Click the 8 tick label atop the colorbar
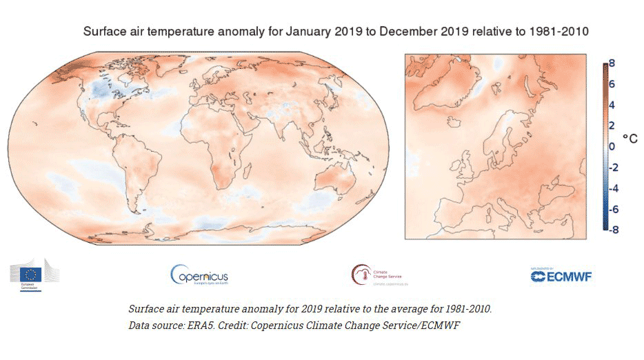click(x=612, y=62)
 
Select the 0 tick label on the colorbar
click(x=612, y=146)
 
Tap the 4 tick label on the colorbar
click(x=612, y=104)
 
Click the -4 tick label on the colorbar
click(x=610, y=188)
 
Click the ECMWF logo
click(x=561, y=275)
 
